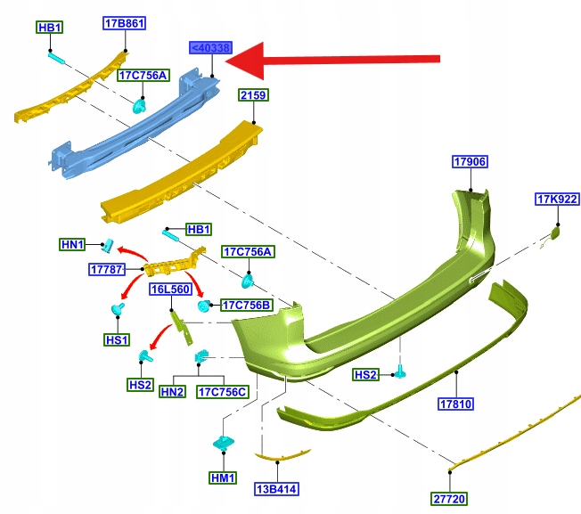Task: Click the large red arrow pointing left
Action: coord(339,61)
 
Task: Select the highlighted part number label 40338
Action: coord(210,48)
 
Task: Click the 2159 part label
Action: coord(253,94)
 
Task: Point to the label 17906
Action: coord(470,162)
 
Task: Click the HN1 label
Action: coord(71,244)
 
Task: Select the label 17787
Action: coord(107,268)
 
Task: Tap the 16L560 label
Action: coord(169,290)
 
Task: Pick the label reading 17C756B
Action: coord(246,305)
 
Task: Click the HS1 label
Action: coord(117,339)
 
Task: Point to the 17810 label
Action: coord(455,404)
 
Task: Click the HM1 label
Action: coord(222,477)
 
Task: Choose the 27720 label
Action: coord(450,500)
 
